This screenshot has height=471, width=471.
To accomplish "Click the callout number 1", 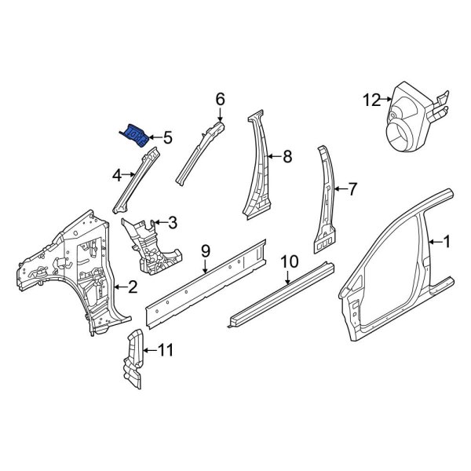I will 447,243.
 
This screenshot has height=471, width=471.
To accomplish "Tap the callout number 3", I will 172,223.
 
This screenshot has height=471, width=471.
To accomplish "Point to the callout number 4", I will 117,175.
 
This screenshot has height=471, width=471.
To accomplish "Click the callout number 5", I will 166,138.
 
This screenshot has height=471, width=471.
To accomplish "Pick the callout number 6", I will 220,99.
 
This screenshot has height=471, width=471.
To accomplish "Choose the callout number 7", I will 352,188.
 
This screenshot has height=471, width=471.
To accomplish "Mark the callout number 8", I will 287,157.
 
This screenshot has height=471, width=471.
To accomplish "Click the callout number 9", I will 205,251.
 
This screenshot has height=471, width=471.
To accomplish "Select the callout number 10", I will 289,261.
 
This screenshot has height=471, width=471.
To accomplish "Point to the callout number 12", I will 371,100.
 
